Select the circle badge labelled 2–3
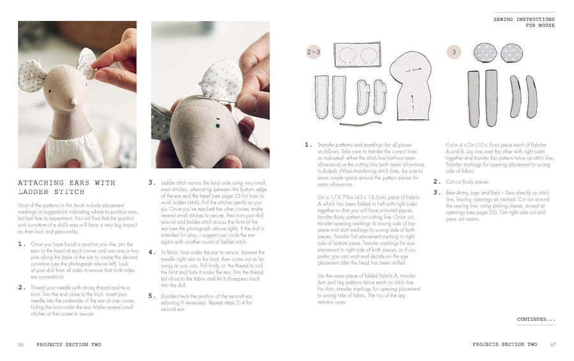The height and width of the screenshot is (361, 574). [x=313, y=53]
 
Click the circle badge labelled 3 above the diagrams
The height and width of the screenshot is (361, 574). [x=453, y=53]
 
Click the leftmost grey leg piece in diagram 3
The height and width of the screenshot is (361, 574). [x=473, y=98]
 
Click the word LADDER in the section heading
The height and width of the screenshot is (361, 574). [x=33, y=191]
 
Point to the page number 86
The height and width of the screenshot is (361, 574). [x=21, y=344]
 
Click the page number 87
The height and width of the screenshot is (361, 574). [x=553, y=344]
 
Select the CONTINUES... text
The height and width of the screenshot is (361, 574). [x=536, y=319]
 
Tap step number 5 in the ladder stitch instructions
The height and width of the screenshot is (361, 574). [x=152, y=297]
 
